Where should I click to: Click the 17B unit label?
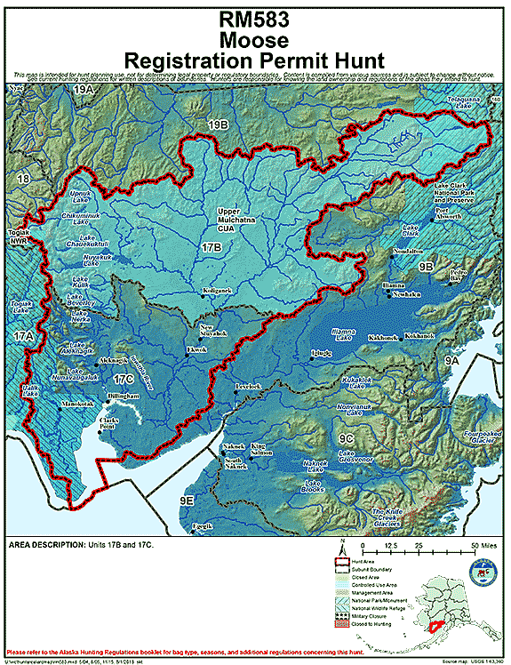tap(212, 247)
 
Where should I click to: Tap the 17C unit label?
tap(123, 380)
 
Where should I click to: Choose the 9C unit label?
tap(347, 437)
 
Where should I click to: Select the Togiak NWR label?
tap(20, 236)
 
